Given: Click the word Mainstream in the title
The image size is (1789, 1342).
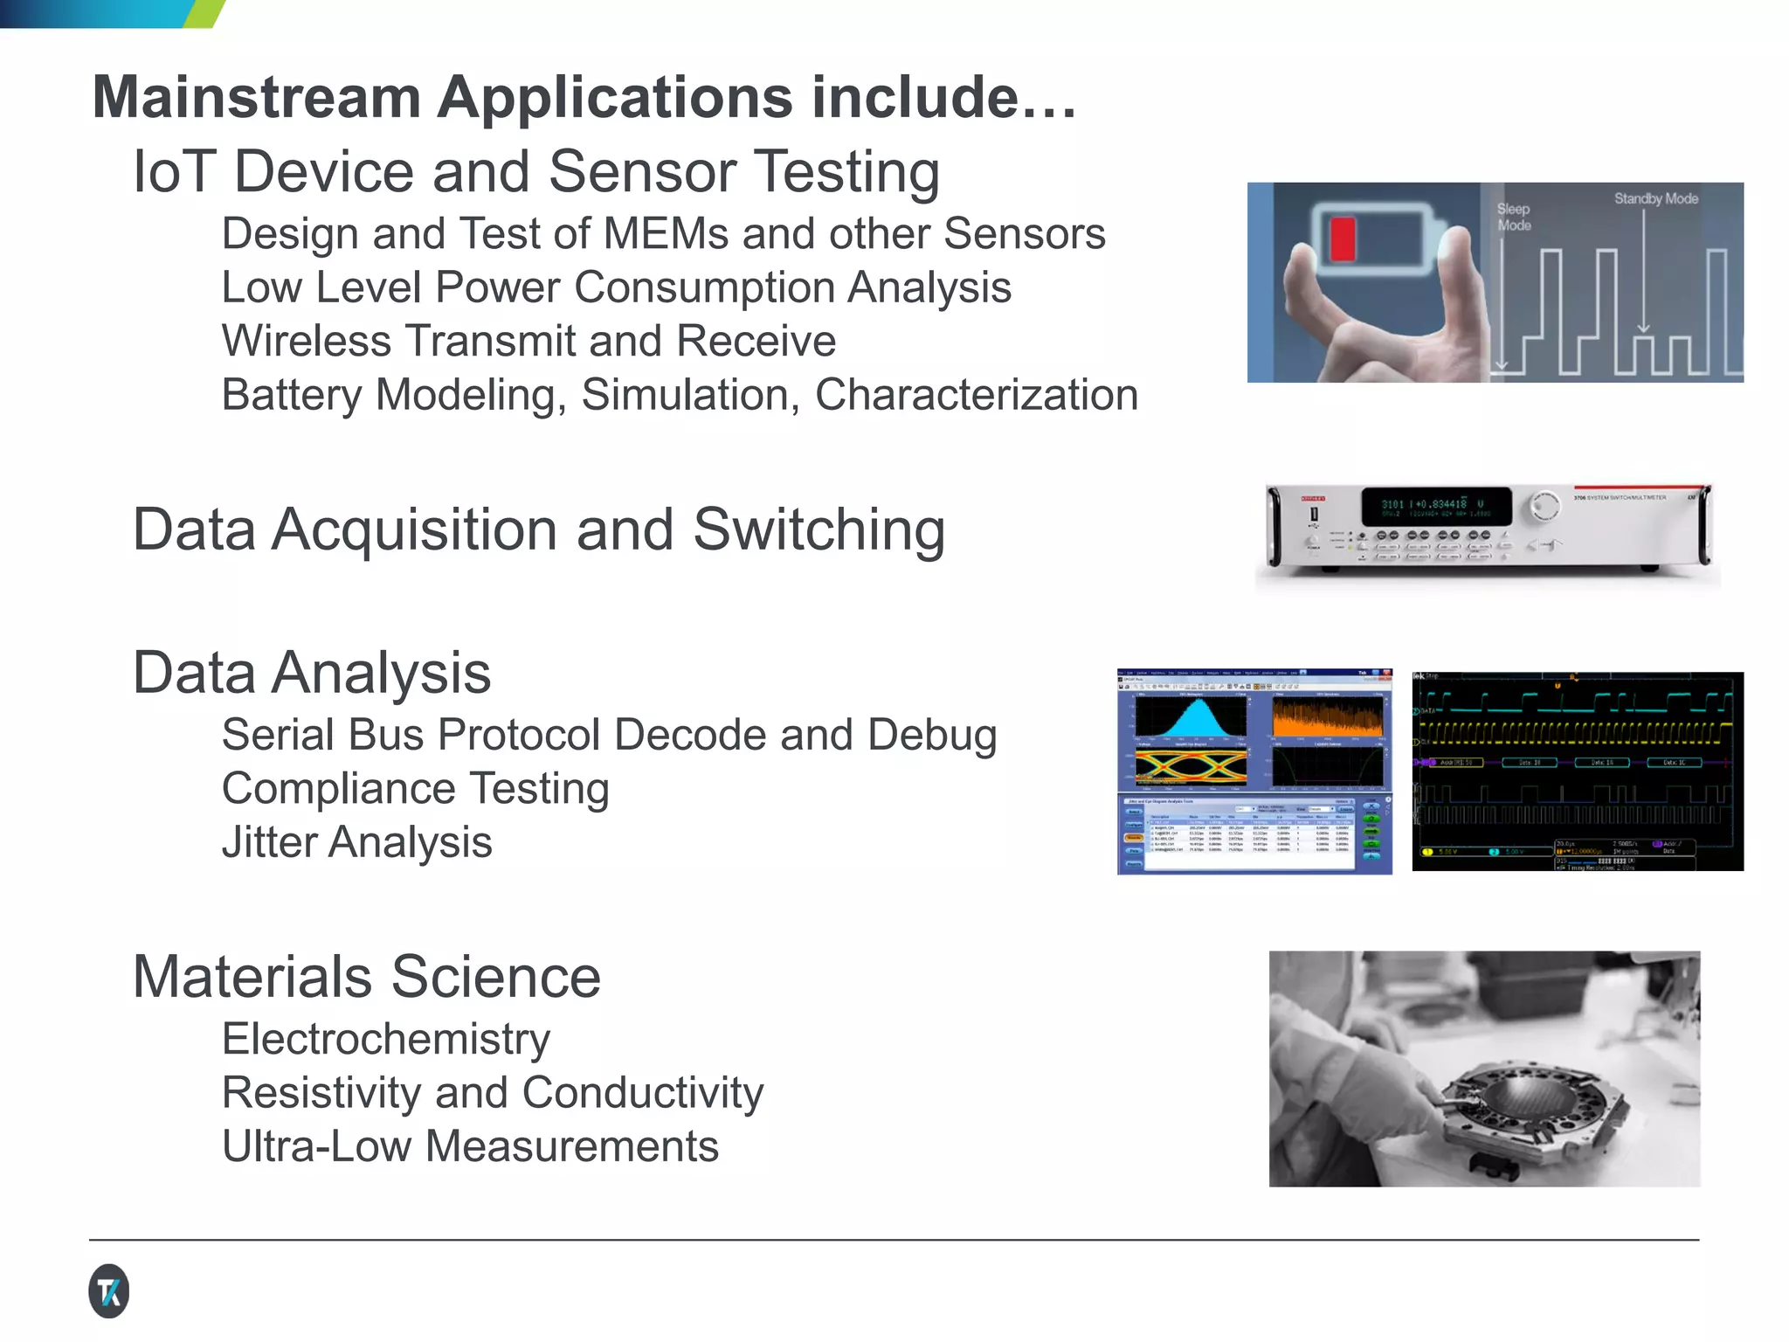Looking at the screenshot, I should (x=257, y=97).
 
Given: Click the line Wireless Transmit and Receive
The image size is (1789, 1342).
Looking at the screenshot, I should (x=528, y=341).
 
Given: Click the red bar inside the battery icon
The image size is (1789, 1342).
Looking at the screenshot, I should (x=1342, y=239).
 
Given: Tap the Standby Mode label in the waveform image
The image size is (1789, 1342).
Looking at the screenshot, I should (x=1655, y=199).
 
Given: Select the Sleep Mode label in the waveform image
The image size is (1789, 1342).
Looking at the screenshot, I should (x=1514, y=217).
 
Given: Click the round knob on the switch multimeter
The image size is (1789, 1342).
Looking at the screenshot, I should (x=1544, y=506).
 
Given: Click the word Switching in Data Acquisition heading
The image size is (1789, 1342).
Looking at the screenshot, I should (x=819, y=529).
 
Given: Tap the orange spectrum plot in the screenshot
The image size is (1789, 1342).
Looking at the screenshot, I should (x=1327, y=718).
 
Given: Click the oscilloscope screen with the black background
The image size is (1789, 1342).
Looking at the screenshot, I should (x=1578, y=771).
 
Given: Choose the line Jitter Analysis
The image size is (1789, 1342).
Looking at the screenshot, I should (x=356, y=842).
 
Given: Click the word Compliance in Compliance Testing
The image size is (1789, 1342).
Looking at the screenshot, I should (x=338, y=789).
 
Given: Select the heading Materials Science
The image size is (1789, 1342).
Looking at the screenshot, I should (x=367, y=977).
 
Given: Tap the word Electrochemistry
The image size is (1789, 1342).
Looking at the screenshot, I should (x=385, y=1039).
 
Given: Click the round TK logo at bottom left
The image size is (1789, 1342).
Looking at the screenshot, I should (x=109, y=1290).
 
